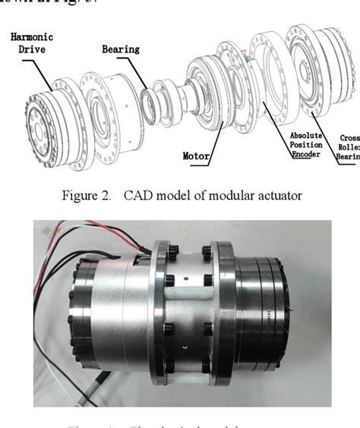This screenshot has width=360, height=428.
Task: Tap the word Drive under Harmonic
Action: tap(33, 48)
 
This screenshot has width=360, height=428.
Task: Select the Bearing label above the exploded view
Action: tap(121, 49)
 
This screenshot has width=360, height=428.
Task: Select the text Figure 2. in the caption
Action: tap(83, 196)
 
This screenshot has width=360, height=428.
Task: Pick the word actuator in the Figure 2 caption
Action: tap(276, 196)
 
